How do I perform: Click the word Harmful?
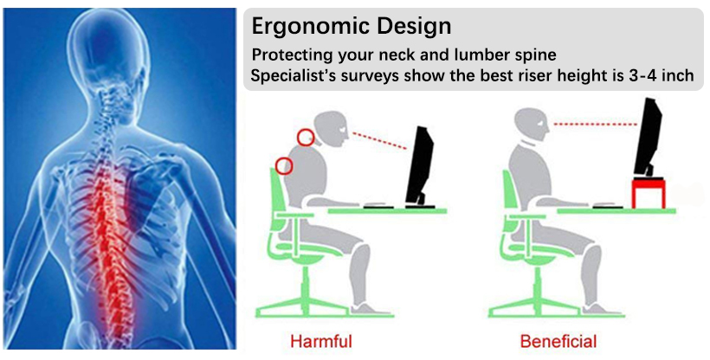[321, 341]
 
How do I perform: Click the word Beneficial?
[558, 341]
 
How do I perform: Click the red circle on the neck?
[306, 138]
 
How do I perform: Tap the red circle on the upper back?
[284, 166]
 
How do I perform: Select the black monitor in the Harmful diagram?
[420, 167]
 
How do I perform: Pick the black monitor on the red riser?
[649, 138]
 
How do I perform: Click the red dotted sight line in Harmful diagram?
[379, 140]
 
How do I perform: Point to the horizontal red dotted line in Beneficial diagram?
[596, 124]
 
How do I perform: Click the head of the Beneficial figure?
[532, 125]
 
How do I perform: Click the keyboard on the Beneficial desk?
[606, 206]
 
